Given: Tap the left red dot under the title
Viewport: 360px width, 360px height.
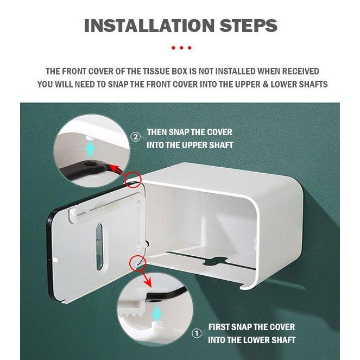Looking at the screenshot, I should point(174,48).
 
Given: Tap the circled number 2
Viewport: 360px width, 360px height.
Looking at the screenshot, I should point(136,137).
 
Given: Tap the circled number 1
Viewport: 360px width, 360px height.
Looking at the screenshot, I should point(197,333).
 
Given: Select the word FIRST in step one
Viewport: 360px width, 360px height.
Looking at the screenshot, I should point(220,327).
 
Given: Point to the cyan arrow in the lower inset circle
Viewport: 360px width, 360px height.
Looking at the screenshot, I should point(156,314).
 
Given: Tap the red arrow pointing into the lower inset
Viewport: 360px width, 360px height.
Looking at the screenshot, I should point(145,278).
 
